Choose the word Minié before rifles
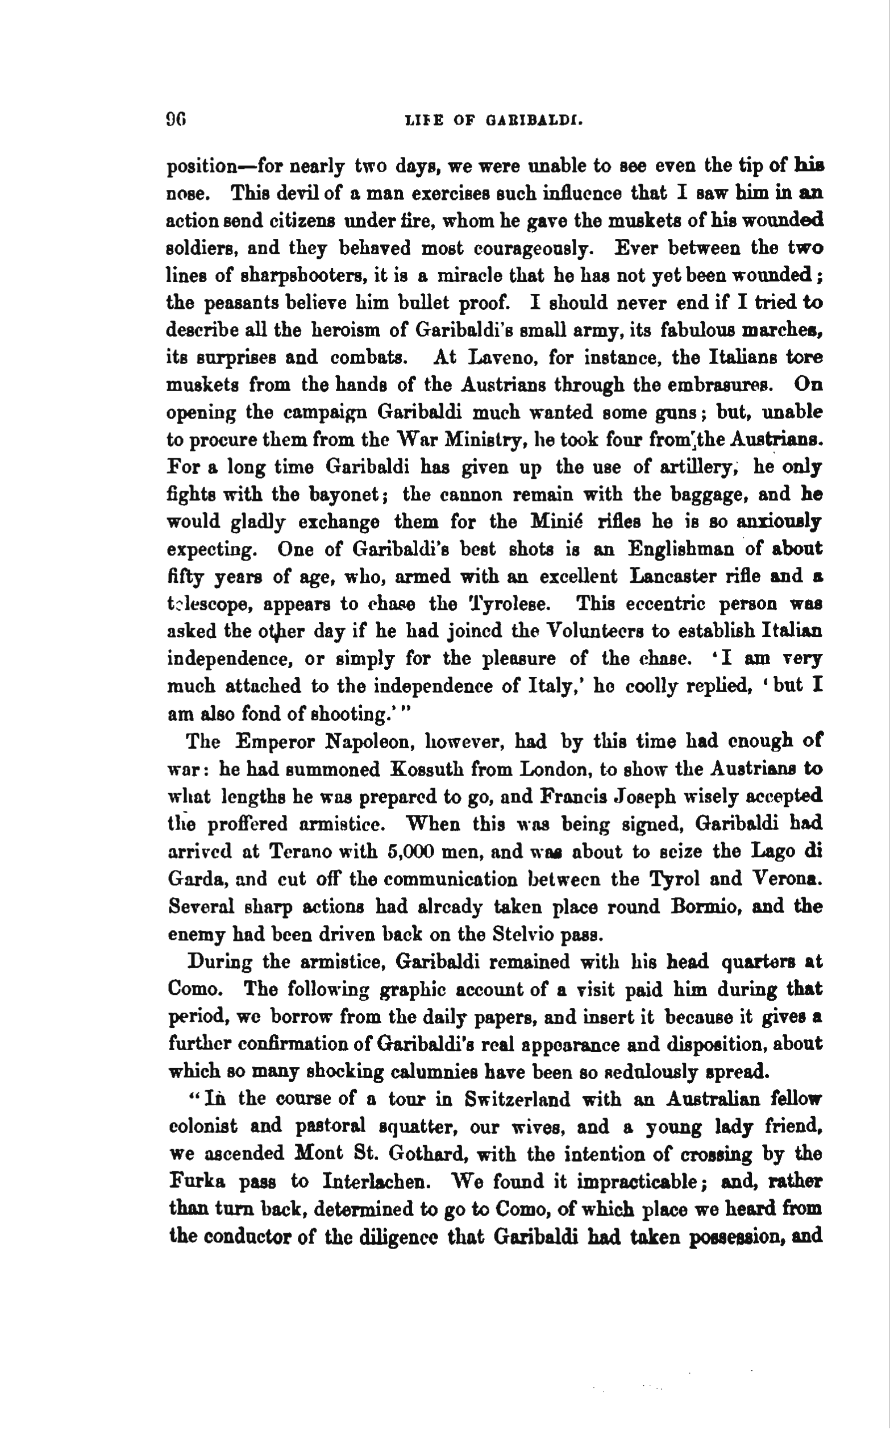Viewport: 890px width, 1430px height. pos(560,521)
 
